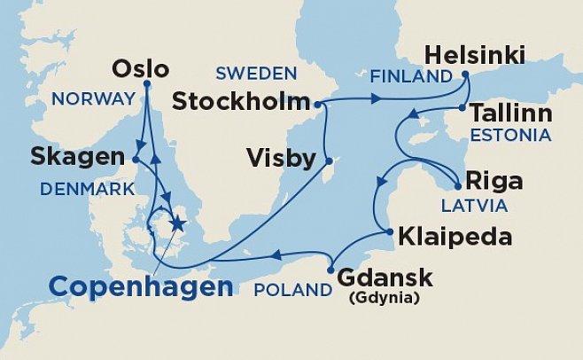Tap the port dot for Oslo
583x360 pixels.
coord(145,84)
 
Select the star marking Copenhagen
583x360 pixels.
coord(176,223)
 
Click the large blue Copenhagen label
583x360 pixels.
coord(141,286)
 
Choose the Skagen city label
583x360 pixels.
coord(77,158)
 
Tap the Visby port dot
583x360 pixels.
coord(328,161)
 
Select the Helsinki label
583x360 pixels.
coord(476,57)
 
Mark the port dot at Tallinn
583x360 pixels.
coord(461,108)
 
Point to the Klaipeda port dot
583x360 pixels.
coord(390,233)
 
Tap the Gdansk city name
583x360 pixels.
coord(385,278)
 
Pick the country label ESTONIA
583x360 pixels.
coord(511,136)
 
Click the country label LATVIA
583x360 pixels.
coord(474,206)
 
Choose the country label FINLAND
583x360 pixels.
coord(411,77)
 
